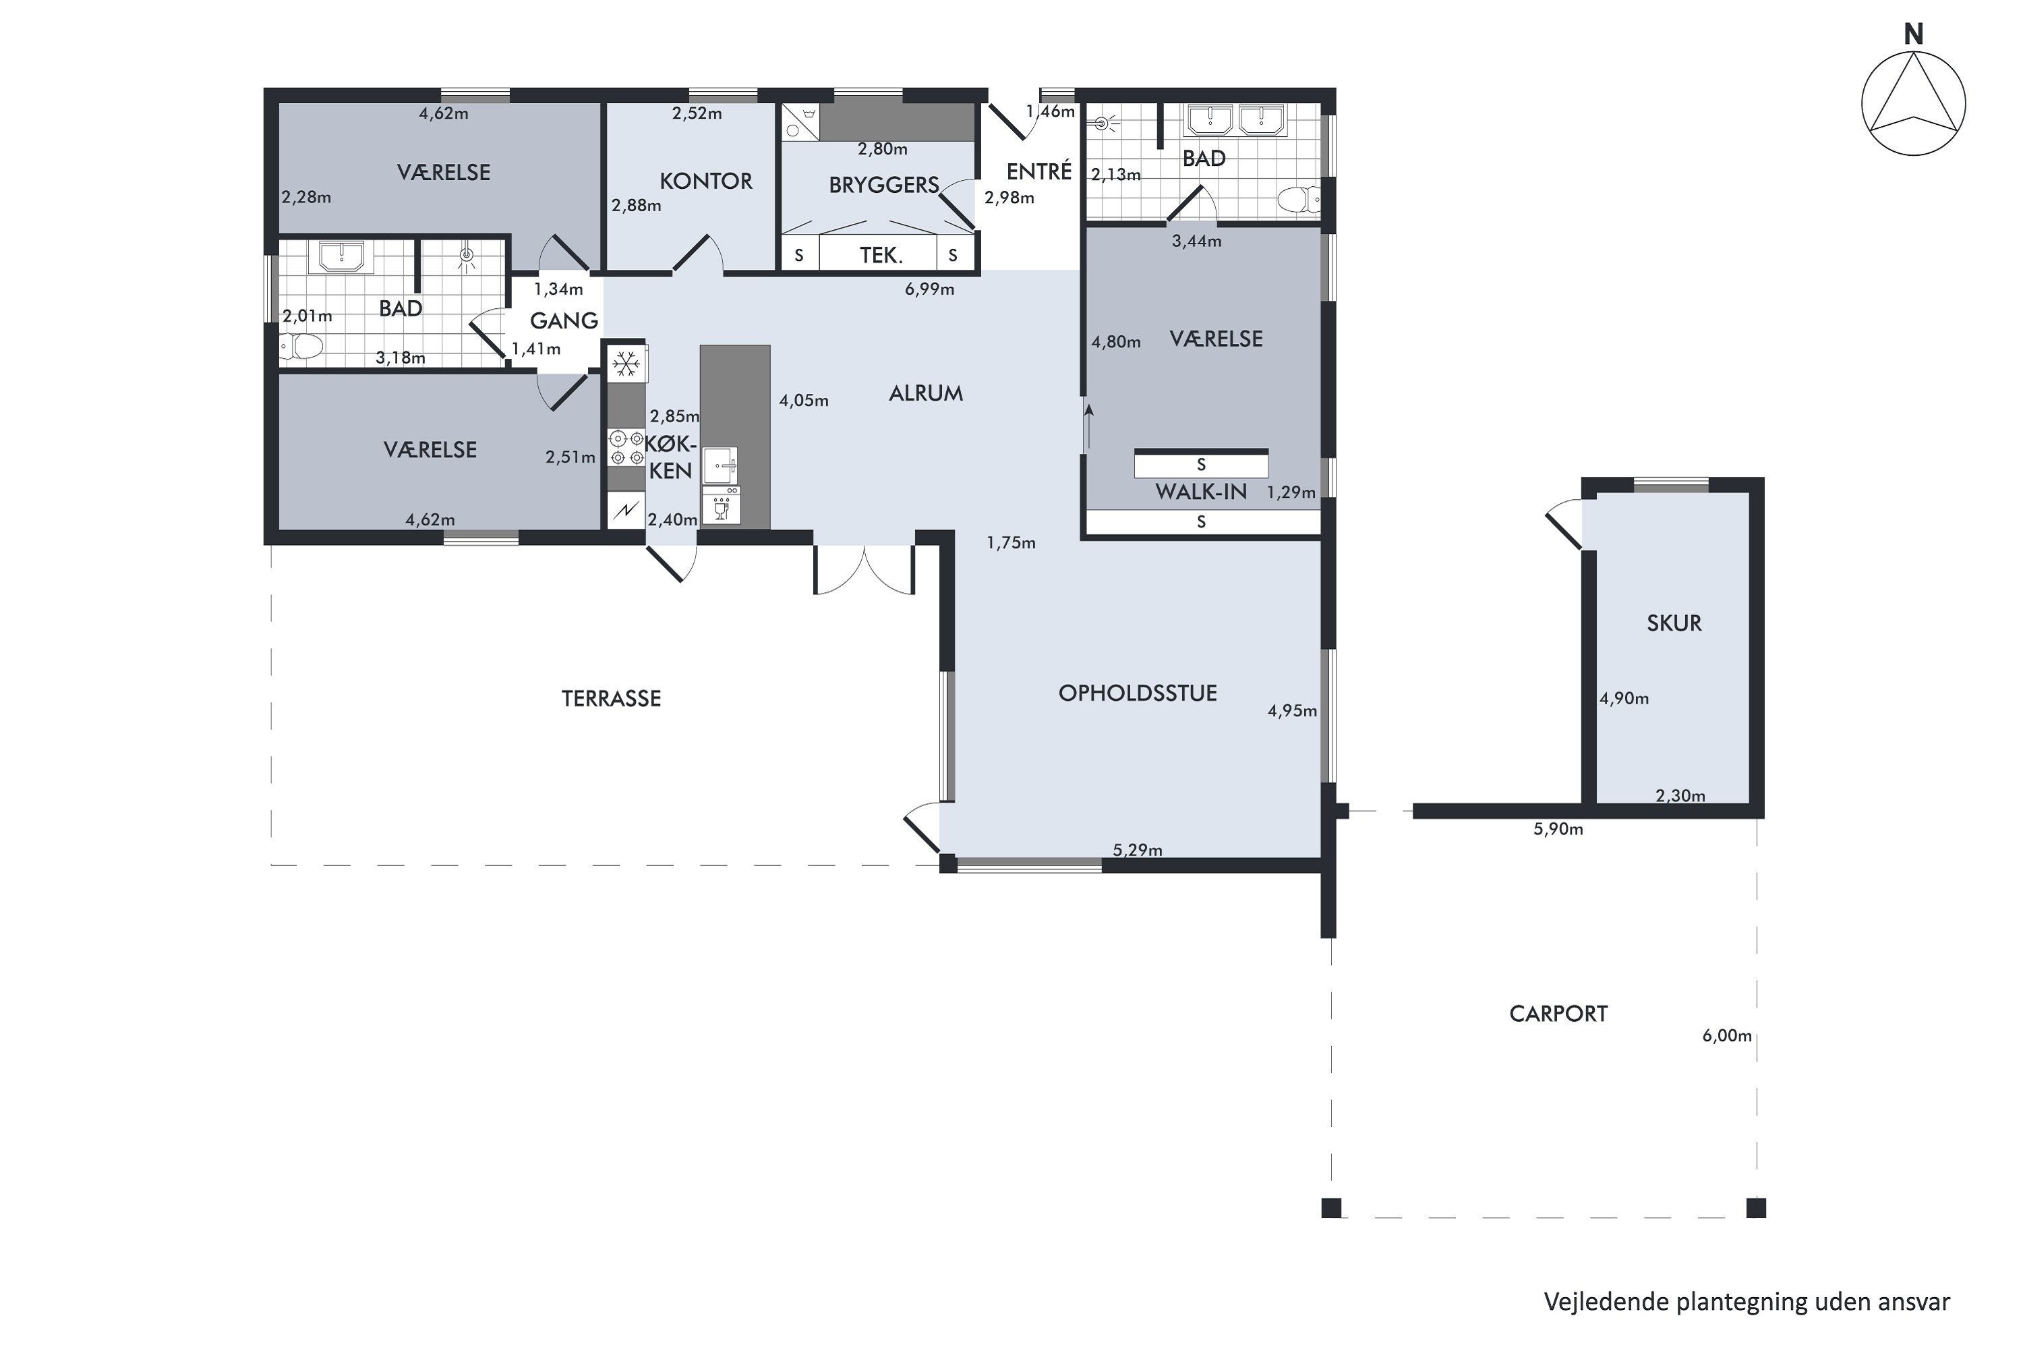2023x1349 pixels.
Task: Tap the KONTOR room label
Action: [x=706, y=181]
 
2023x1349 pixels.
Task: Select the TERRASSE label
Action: [x=612, y=699]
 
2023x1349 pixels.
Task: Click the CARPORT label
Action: [x=1558, y=1014]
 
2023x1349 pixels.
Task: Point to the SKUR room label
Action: [x=1674, y=623]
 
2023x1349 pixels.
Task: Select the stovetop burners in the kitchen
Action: [x=626, y=447]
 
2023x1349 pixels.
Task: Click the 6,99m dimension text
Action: [x=929, y=289]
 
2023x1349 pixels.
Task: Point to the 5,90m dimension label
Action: [x=1558, y=830]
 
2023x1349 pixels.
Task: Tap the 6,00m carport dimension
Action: [x=1727, y=1036]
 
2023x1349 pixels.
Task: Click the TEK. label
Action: [x=881, y=256]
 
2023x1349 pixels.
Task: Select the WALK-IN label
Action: [x=1201, y=492]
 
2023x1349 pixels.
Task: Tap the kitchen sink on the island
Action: [x=720, y=465]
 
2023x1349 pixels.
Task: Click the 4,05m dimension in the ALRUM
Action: [x=803, y=400]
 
